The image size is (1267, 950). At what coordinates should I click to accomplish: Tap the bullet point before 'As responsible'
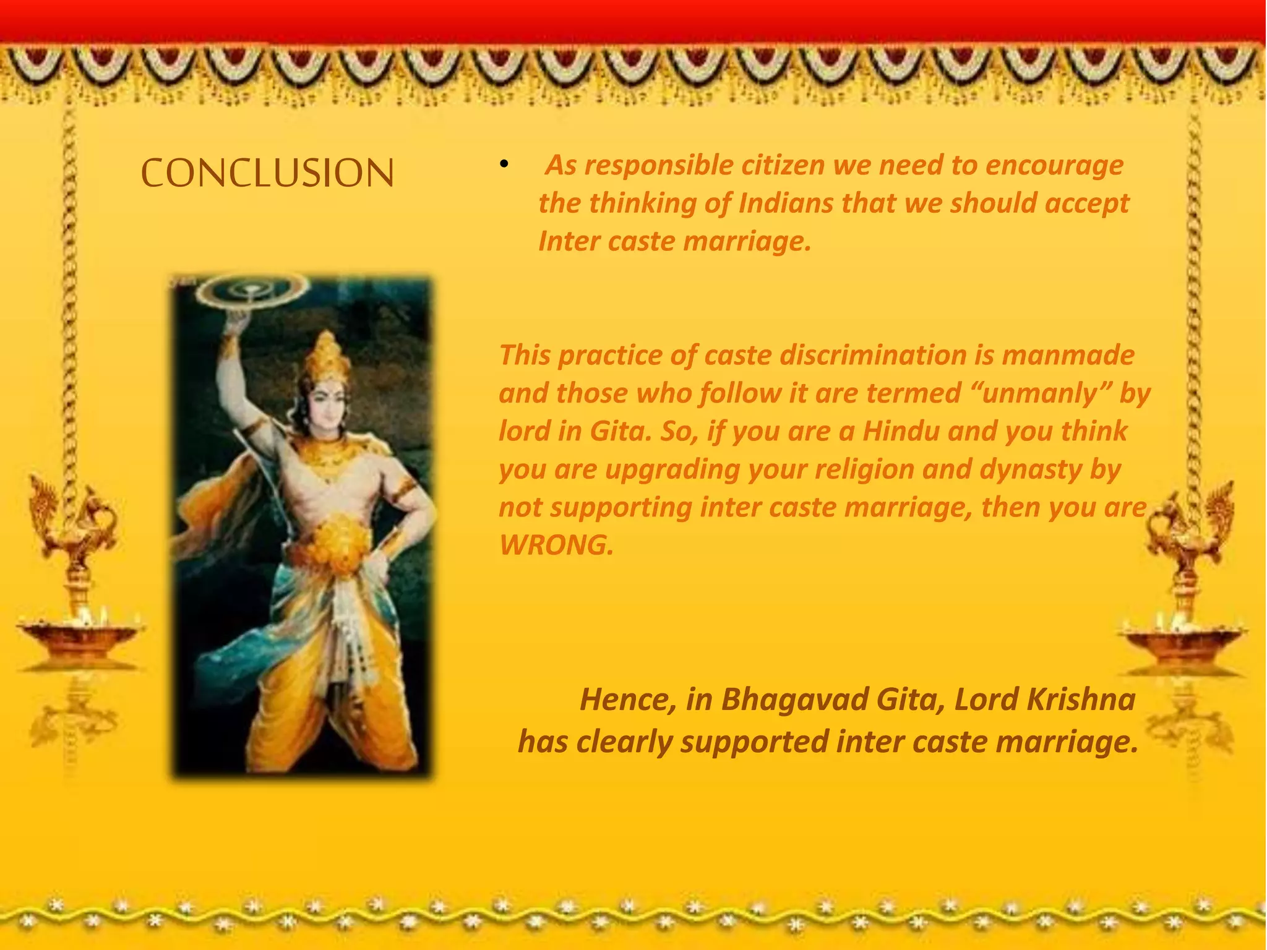pos(504,165)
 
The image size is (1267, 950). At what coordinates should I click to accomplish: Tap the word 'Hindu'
pos(901,431)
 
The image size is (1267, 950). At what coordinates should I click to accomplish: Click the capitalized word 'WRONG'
pos(555,546)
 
